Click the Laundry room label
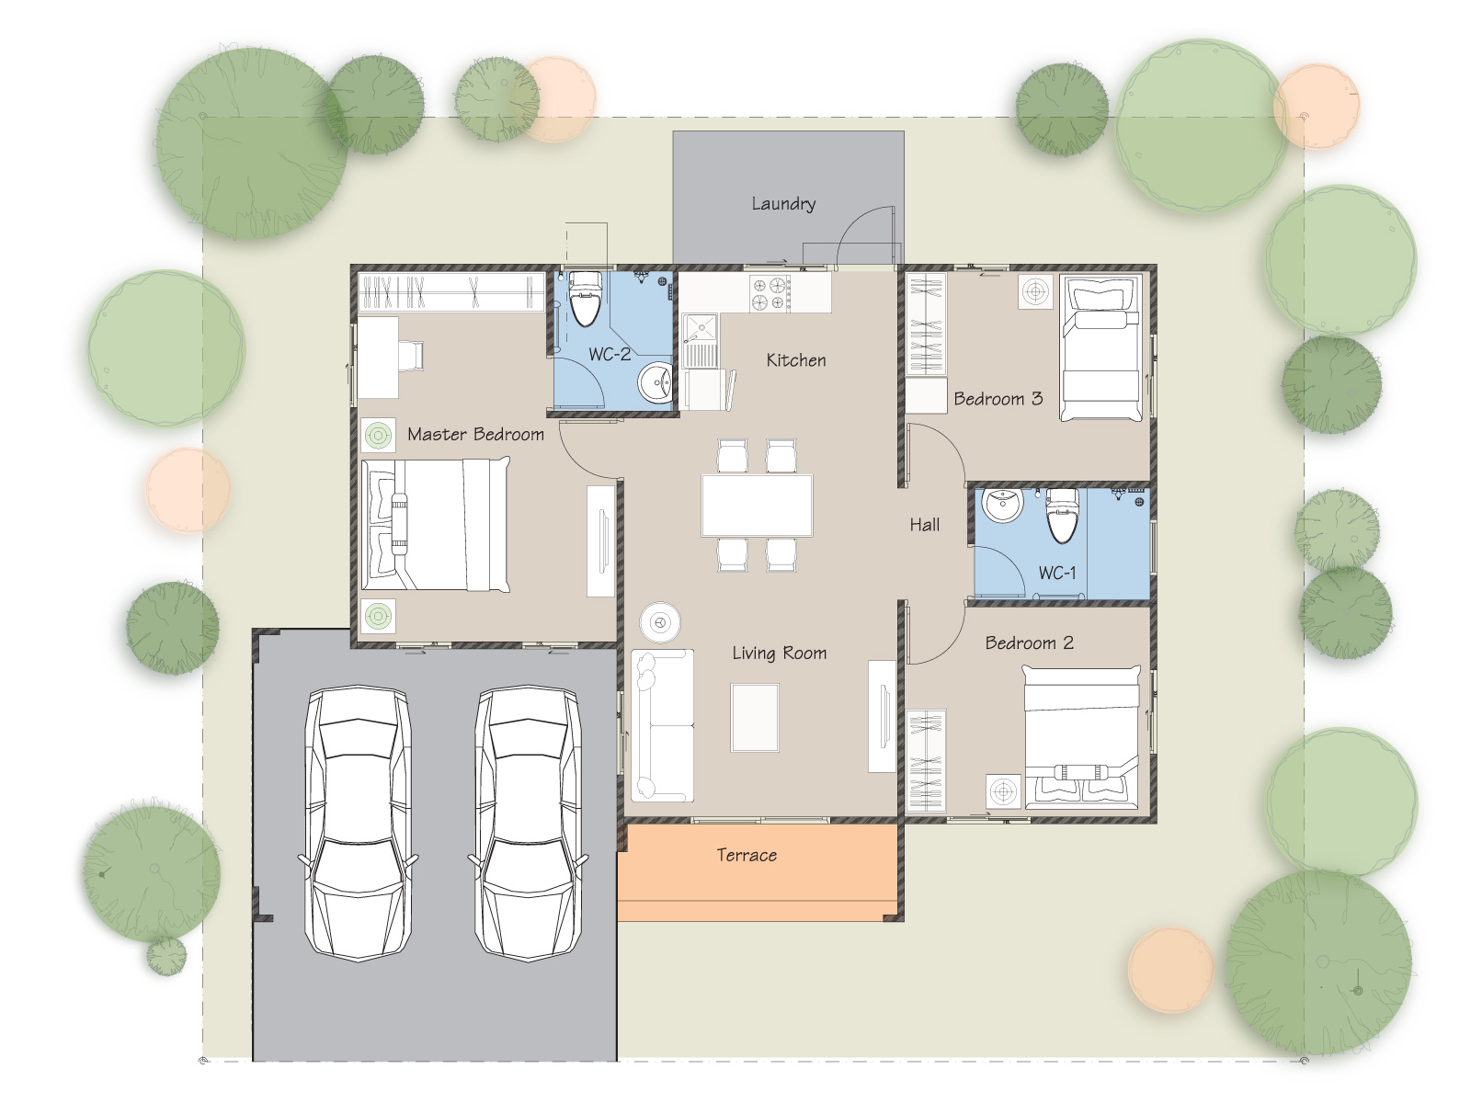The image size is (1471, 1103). click(782, 203)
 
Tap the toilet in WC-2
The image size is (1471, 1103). click(585, 299)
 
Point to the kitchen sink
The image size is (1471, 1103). click(701, 342)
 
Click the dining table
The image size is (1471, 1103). click(757, 506)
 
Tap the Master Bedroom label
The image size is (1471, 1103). click(475, 435)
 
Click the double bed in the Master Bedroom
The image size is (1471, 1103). click(435, 525)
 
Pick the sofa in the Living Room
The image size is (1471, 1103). click(662, 725)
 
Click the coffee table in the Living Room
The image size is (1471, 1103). click(755, 718)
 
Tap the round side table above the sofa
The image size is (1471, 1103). click(660, 623)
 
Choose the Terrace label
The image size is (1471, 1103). click(747, 855)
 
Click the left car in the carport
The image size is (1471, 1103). click(359, 823)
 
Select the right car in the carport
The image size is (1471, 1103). click(528, 823)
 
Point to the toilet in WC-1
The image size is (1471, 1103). click(1062, 515)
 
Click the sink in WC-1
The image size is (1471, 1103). click(1002, 505)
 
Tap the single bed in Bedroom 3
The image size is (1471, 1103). click(1101, 348)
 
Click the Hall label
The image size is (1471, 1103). click(925, 525)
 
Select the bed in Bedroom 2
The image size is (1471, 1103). click(1081, 737)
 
